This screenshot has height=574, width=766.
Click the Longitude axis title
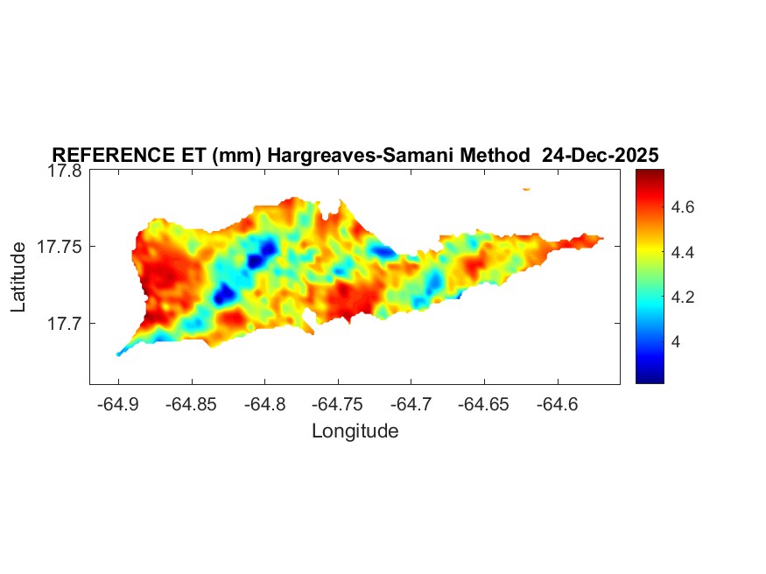355,431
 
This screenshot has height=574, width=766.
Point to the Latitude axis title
19,278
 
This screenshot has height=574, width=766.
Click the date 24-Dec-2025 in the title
600,156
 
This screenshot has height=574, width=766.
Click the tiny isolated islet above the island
527,189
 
